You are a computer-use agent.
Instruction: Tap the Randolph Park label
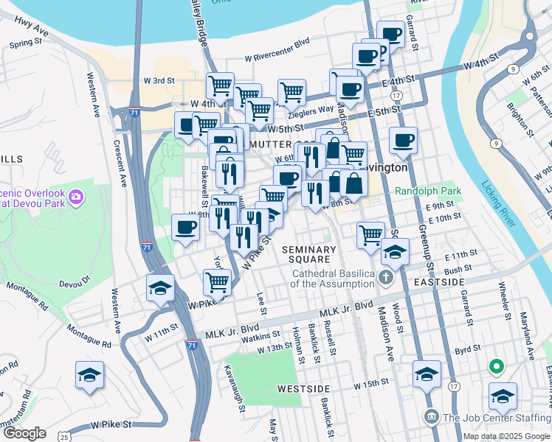[x=428, y=191]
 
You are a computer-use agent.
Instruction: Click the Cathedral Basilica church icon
[x=386, y=278]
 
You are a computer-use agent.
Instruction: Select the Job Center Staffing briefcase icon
[x=432, y=418]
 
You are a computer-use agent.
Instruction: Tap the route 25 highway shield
[x=66, y=438]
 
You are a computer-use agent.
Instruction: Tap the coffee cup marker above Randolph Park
[x=403, y=140]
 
